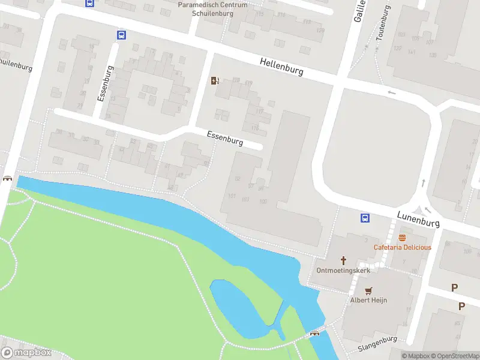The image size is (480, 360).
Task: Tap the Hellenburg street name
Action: tap(281, 66)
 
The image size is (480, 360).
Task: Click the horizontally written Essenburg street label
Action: tap(224, 139)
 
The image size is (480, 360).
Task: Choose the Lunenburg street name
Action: tap(418, 219)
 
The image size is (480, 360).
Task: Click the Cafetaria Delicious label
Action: tap(402, 247)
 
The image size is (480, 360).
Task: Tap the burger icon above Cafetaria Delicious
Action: tap(402, 238)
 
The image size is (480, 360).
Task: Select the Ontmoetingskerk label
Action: tap(344, 270)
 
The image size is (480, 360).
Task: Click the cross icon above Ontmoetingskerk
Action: tap(344, 260)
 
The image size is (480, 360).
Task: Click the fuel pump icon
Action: tap(215, 81)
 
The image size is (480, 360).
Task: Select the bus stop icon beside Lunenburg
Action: tap(364, 217)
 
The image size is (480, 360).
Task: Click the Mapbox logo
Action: tap(26, 353)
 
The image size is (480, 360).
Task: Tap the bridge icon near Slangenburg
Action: tap(314, 334)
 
